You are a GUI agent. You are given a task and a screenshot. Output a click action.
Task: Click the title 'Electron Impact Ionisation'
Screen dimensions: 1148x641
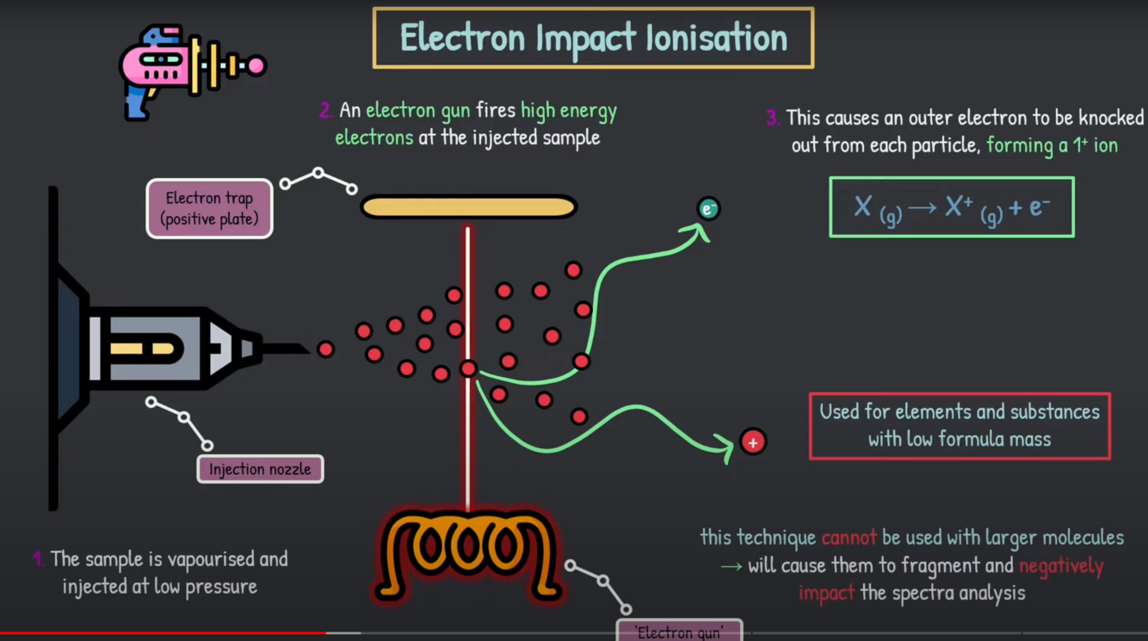click(593, 38)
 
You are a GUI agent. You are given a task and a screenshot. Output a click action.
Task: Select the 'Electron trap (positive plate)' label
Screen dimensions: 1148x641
click(209, 208)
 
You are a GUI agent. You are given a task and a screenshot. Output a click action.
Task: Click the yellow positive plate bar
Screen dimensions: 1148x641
click(468, 207)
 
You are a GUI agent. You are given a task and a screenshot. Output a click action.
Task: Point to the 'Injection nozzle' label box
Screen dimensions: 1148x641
click(260, 469)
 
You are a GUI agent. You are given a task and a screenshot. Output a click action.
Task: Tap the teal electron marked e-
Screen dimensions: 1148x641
click(708, 208)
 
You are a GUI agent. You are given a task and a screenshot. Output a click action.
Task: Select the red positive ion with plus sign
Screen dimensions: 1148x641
click(753, 442)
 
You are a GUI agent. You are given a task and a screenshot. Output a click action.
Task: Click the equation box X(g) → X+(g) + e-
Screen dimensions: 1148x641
click(951, 207)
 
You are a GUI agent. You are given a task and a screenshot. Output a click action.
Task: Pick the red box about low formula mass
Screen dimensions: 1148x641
click(960, 425)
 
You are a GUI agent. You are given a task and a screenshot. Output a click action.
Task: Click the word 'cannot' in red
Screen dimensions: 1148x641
click(849, 539)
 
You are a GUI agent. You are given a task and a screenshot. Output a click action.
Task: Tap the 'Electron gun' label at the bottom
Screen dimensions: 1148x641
click(679, 632)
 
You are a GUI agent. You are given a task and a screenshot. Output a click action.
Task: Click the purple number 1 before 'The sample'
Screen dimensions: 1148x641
click(38, 559)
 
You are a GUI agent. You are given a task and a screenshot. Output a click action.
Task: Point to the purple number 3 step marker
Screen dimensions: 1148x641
click(773, 118)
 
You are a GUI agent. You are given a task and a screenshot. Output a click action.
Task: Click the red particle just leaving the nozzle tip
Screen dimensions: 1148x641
click(325, 348)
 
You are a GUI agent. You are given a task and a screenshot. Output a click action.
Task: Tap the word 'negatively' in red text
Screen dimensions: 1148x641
click(1060, 566)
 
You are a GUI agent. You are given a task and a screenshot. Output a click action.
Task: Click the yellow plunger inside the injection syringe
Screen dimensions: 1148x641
click(146, 348)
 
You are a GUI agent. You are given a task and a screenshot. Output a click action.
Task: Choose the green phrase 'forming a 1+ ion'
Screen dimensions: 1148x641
click(1052, 145)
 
